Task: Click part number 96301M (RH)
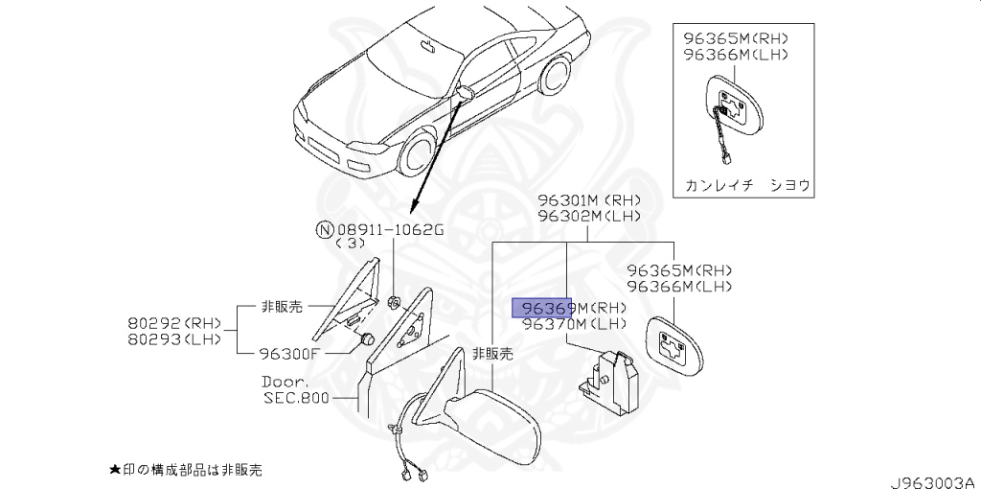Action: [588, 199]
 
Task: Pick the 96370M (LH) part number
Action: [574, 324]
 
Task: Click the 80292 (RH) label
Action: [173, 322]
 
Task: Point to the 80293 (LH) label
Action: [173, 338]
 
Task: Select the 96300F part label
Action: [288, 353]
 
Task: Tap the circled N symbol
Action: [326, 229]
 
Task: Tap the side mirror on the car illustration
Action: [467, 94]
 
